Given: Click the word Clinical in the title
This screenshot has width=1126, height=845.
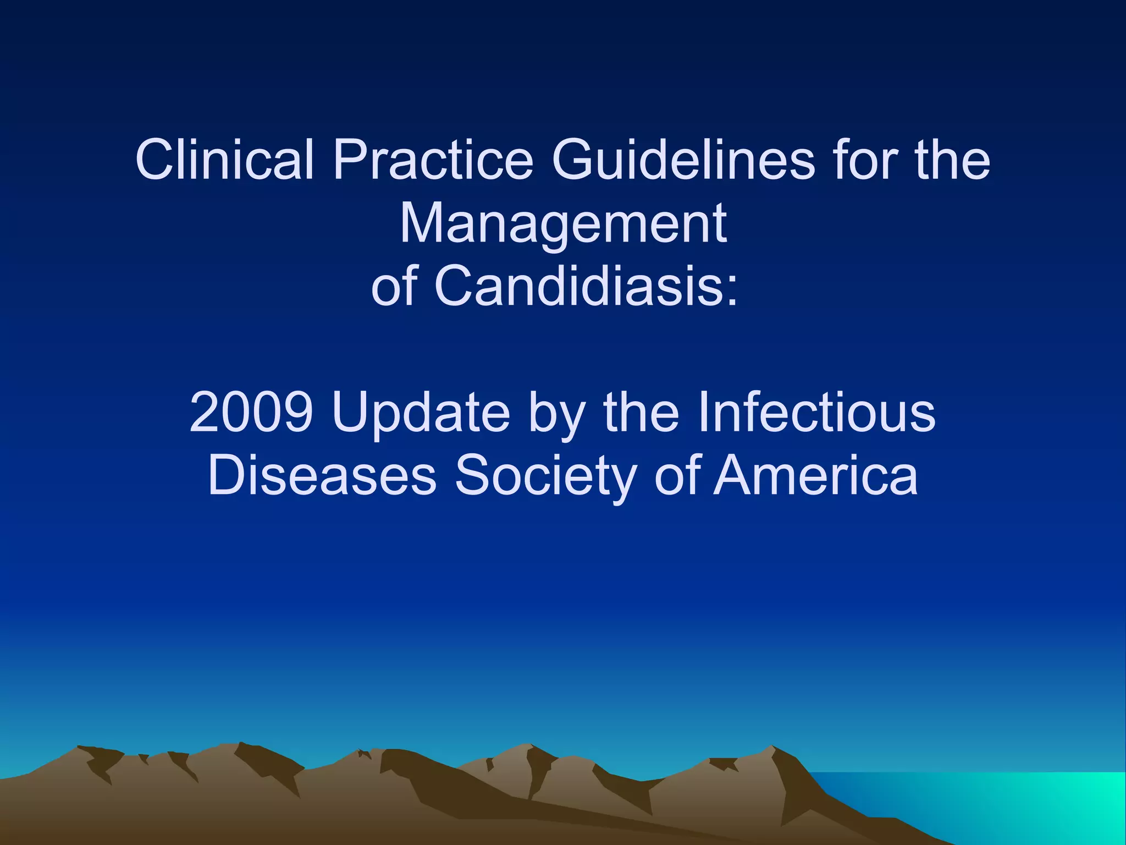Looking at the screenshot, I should (x=224, y=160).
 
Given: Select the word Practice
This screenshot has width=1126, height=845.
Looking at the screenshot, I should (x=433, y=160).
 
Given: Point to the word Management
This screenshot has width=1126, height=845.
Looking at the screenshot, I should (x=563, y=223).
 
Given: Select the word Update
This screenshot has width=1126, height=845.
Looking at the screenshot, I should (x=421, y=413).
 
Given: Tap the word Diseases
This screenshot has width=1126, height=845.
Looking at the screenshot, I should (x=322, y=475).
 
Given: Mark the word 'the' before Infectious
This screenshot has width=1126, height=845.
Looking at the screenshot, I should (x=641, y=413).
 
